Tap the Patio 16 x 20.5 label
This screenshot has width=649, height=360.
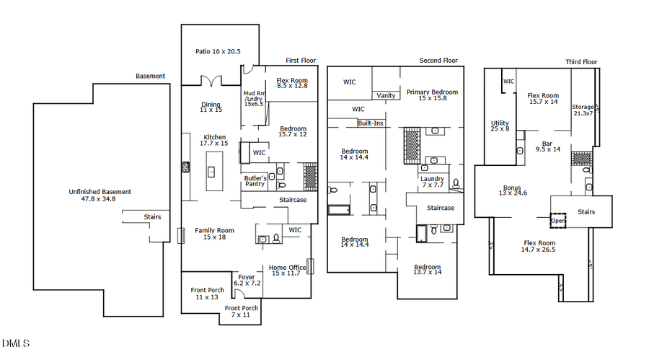(218, 52)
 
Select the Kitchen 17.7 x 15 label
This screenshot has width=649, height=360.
(214, 140)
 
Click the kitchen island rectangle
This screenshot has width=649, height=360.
(214, 171)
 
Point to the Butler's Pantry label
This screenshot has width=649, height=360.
(255, 180)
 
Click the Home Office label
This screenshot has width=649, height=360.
(288, 270)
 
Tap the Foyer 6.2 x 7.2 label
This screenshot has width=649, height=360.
(247, 280)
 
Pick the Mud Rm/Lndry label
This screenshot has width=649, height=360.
(254, 97)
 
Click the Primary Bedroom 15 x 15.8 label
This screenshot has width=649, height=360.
(431, 95)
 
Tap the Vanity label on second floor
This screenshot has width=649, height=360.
(385, 96)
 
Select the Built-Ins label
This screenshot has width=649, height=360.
(371, 123)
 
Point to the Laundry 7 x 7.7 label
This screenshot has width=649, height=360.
(433, 182)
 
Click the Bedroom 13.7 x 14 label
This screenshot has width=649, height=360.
(428, 270)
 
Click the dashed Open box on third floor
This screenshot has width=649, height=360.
(558, 220)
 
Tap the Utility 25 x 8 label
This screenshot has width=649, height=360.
(500, 126)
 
